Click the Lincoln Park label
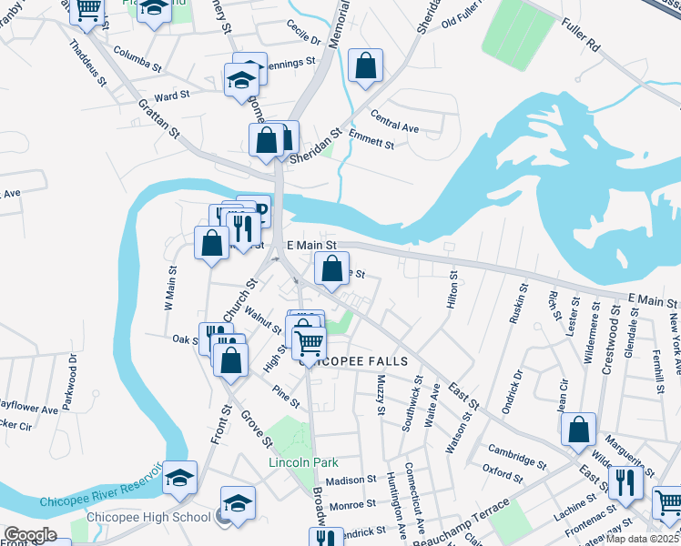tap(303, 462)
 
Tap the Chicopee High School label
tap(148, 518)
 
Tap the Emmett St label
tap(371, 143)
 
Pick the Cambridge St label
tap(515, 457)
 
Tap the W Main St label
tap(169, 288)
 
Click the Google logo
tap(30, 535)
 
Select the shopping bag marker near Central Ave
tap(365, 66)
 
